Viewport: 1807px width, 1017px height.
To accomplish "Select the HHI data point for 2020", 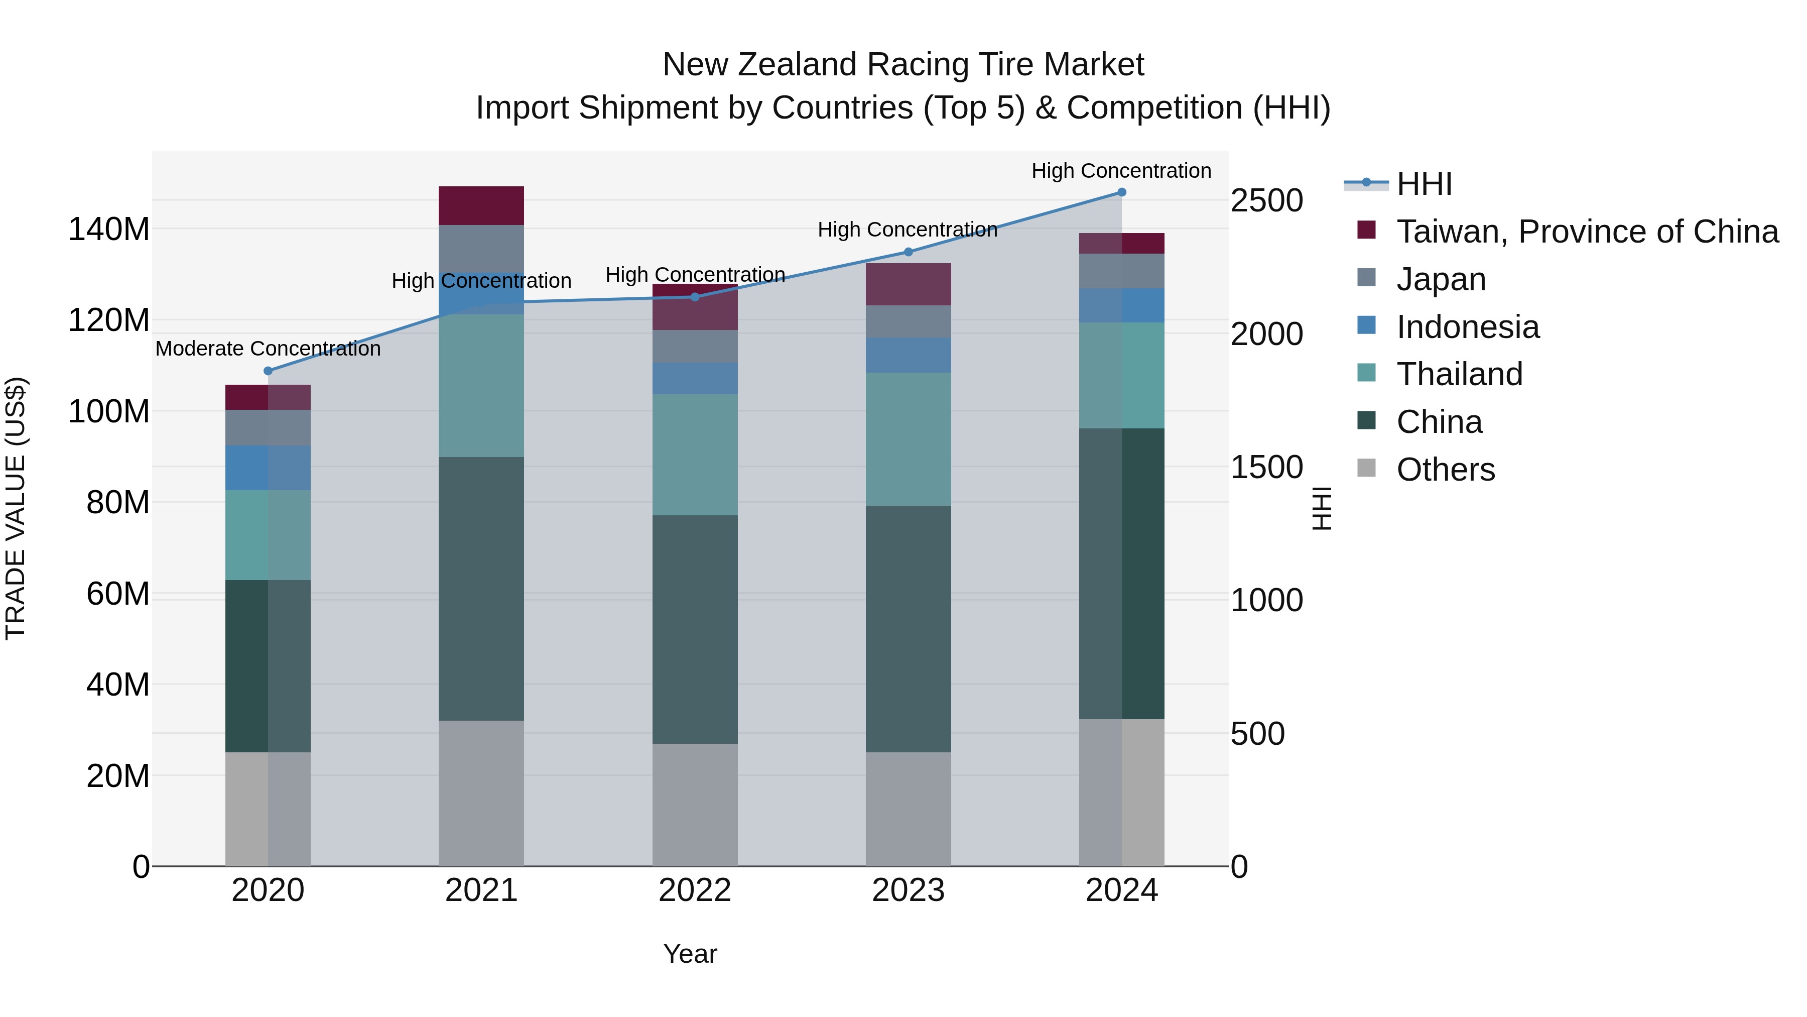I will [x=268, y=371].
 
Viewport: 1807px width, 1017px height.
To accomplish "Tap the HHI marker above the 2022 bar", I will [x=695, y=297].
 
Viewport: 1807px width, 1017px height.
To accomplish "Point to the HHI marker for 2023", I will [x=908, y=252].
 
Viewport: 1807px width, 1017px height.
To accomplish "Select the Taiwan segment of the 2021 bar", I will [x=481, y=205].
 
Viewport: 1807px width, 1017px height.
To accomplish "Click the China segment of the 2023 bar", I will [x=908, y=628].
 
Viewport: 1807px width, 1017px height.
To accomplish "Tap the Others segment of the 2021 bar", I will [x=481, y=793].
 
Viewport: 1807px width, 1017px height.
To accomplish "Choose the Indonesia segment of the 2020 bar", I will [x=268, y=468].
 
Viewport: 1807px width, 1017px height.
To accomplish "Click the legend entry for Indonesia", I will [x=1468, y=327].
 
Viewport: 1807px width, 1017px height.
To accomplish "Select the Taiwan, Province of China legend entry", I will [x=1587, y=232].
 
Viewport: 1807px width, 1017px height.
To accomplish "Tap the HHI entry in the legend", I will [x=1424, y=184].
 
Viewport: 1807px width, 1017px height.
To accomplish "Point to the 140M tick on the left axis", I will [x=109, y=230].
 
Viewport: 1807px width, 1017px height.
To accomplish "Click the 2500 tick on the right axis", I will [x=1267, y=201].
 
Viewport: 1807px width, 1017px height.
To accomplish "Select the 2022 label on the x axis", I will [x=695, y=890].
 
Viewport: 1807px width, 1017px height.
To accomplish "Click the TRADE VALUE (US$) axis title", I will [x=16, y=507].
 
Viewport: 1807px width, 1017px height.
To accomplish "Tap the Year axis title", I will [x=690, y=954].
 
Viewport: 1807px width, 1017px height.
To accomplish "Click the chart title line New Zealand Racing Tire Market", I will [x=903, y=65].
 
